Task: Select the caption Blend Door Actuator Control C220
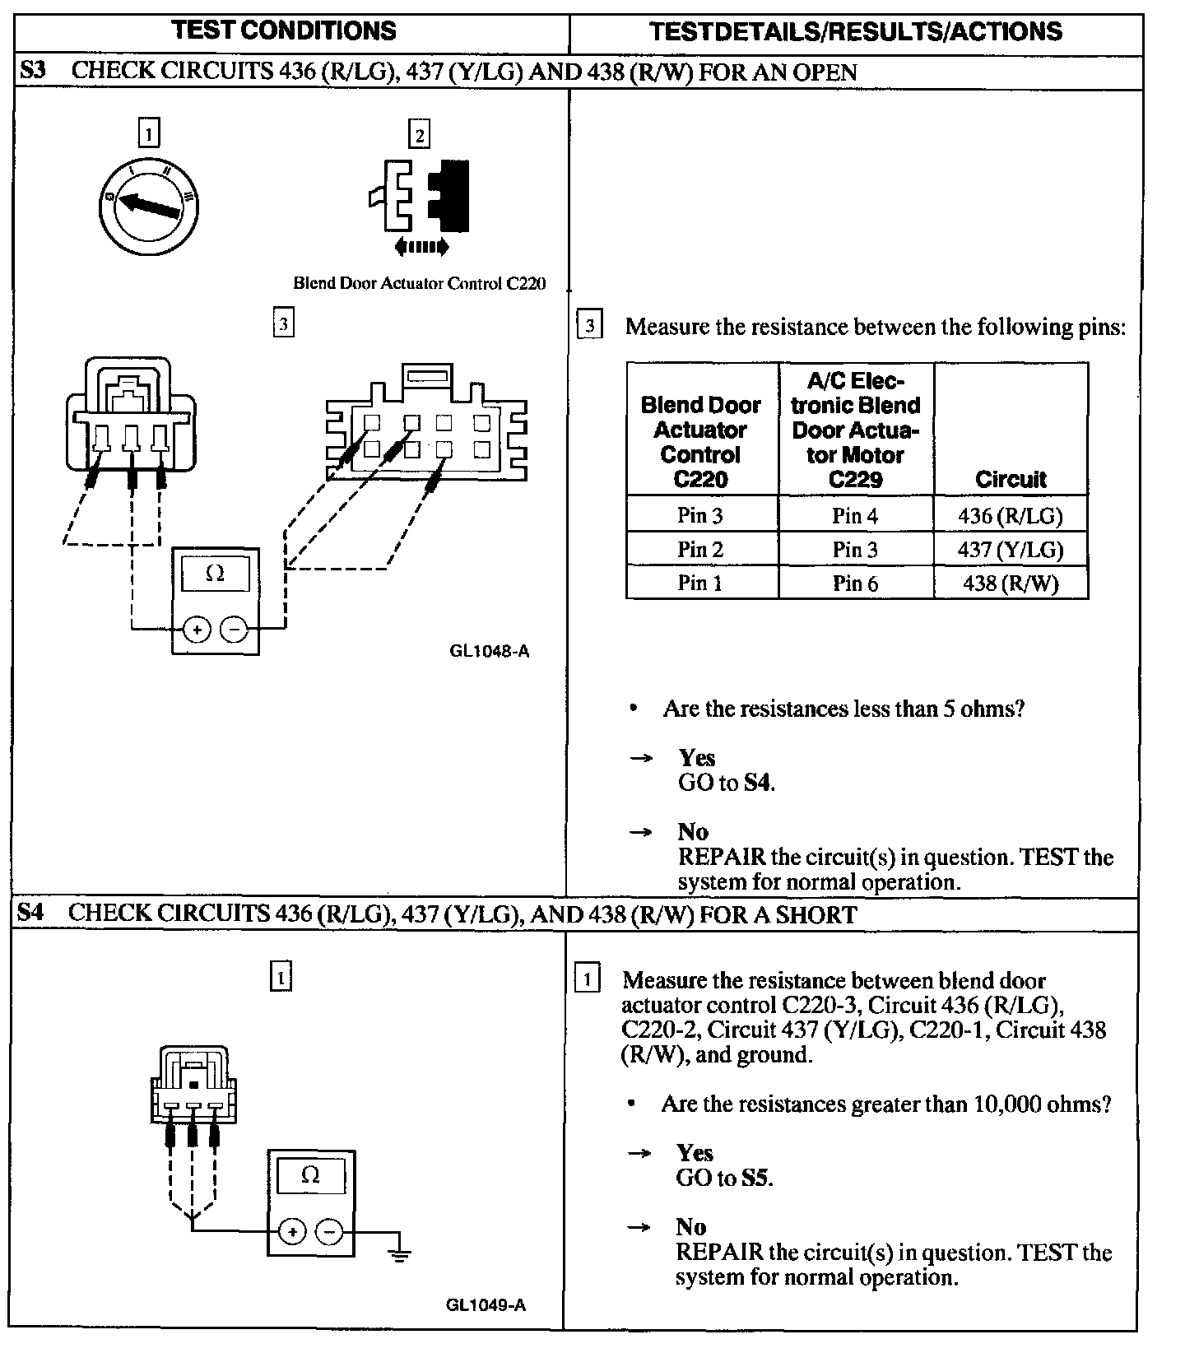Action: [419, 283]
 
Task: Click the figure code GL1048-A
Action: [489, 651]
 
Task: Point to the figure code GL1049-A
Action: [486, 1305]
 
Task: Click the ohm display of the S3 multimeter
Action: [215, 574]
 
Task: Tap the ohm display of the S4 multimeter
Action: [310, 1175]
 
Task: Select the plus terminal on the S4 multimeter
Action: [292, 1231]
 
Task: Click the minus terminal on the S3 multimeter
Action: [235, 630]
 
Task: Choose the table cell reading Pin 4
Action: [855, 515]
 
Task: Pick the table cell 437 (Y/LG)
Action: [1010, 549]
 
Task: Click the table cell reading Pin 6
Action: [855, 583]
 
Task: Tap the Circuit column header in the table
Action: [1011, 479]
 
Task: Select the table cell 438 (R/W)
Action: [1010, 583]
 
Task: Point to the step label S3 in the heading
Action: [33, 71]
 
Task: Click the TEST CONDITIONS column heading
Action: [284, 31]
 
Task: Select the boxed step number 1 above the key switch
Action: [148, 133]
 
